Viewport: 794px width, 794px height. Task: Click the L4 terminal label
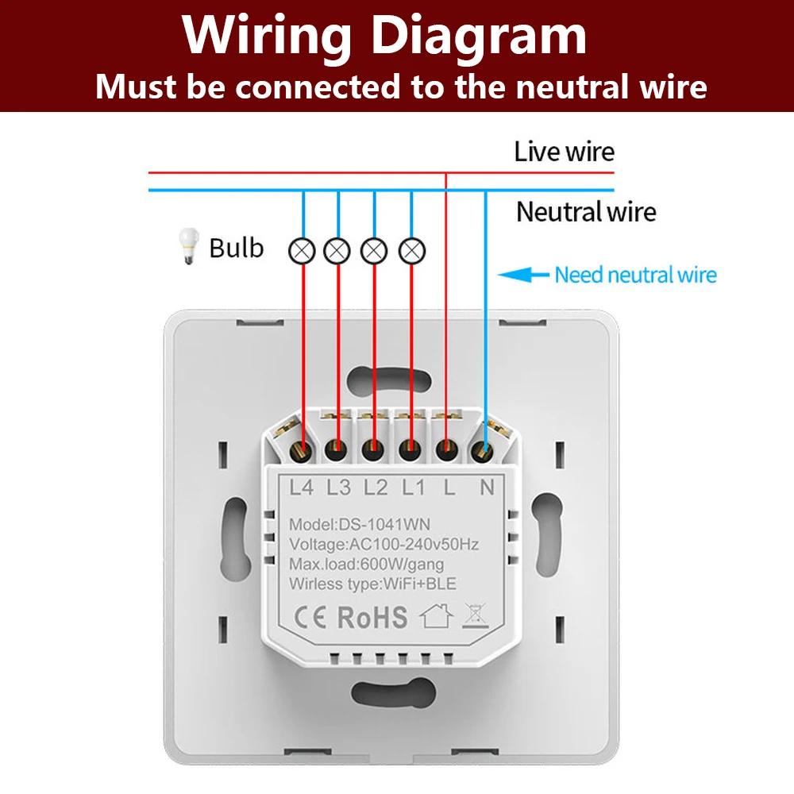tap(302, 488)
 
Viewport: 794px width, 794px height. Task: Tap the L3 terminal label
tap(338, 488)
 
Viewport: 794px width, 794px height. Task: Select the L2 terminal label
tap(376, 488)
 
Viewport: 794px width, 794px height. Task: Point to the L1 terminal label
tap(412, 488)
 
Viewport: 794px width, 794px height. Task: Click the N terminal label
tap(487, 488)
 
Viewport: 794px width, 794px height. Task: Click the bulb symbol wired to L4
tap(303, 252)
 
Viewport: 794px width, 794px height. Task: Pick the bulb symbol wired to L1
tap(411, 252)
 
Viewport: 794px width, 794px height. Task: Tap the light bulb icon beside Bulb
tap(188, 246)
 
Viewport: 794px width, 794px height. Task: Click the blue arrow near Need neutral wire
tap(523, 276)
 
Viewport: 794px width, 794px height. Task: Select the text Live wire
tap(564, 152)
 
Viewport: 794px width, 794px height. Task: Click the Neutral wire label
tap(586, 212)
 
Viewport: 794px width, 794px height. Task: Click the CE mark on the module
tap(311, 617)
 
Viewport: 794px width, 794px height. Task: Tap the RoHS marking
tap(372, 617)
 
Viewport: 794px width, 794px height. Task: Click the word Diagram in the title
tap(480, 37)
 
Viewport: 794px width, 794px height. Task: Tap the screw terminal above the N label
tap(480, 451)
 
